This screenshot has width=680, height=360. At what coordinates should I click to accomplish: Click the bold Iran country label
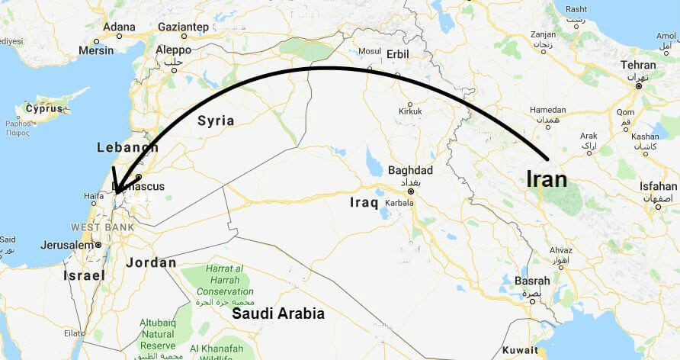click(x=547, y=179)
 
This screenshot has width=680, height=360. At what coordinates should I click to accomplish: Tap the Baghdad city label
click(x=410, y=170)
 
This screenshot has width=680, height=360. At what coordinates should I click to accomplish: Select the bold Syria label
click(x=216, y=121)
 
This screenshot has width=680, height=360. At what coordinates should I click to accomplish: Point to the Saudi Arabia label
click(x=278, y=313)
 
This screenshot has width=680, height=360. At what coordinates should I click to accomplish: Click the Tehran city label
click(x=638, y=66)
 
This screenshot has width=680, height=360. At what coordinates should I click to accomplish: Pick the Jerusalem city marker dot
click(x=98, y=245)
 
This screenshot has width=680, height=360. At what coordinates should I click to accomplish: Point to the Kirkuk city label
click(x=410, y=112)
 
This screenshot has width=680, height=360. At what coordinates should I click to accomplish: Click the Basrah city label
click(x=532, y=281)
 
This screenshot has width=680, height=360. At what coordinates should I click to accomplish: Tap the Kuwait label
click(x=520, y=349)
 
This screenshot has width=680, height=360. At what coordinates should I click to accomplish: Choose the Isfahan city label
click(x=659, y=186)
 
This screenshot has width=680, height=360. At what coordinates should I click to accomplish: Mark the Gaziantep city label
click(x=182, y=26)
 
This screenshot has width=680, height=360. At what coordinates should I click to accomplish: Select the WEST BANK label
click(x=102, y=227)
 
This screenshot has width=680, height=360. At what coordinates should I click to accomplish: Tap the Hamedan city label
click(x=547, y=110)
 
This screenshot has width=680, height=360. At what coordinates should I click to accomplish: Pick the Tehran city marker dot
click(x=638, y=85)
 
